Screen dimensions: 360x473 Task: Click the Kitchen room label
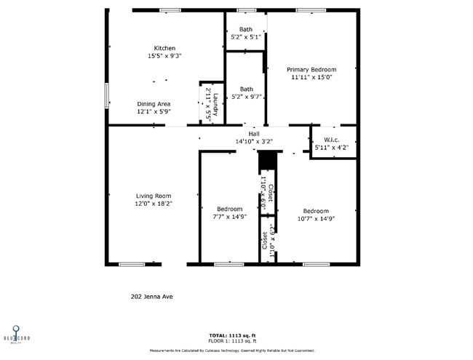coord(164,48)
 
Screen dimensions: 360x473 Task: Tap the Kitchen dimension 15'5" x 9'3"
coord(164,56)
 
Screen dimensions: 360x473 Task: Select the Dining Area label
coord(154,104)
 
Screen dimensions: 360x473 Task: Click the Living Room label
coord(154,196)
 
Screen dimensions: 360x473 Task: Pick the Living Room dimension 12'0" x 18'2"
coord(154,204)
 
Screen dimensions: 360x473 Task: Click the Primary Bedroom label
coord(311,69)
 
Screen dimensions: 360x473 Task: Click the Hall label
coord(253,134)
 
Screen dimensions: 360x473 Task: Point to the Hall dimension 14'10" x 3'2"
coord(253,141)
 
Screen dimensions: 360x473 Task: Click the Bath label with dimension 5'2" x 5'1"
coord(246,29)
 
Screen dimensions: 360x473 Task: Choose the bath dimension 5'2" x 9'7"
coord(246,97)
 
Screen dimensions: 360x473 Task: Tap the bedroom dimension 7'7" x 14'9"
coord(229,217)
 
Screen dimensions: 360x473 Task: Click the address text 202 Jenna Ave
coord(151,297)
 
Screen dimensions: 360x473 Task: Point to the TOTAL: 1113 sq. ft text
coord(236,335)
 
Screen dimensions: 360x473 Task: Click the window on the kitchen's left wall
coord(107,95)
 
